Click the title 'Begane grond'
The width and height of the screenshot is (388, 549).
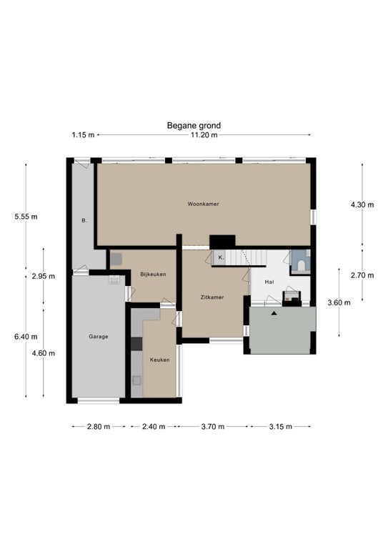(194, 126)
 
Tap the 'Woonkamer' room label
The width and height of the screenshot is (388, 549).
(203, 204)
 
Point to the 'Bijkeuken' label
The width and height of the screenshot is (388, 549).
(153, 274)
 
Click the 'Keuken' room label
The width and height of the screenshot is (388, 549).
(159, 360)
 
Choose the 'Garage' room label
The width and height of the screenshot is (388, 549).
(99, 336)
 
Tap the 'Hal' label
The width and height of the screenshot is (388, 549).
(269, 282)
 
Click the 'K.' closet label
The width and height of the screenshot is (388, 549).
(221, 257)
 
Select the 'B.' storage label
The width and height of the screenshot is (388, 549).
(84, 221)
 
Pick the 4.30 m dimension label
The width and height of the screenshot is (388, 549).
(362, 204)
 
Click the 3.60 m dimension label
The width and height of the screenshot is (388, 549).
(339, 302)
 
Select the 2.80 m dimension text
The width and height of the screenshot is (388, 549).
(98, 427)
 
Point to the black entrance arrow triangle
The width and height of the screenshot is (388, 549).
(274, 312)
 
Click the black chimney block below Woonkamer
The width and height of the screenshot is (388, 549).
(222, 242)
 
